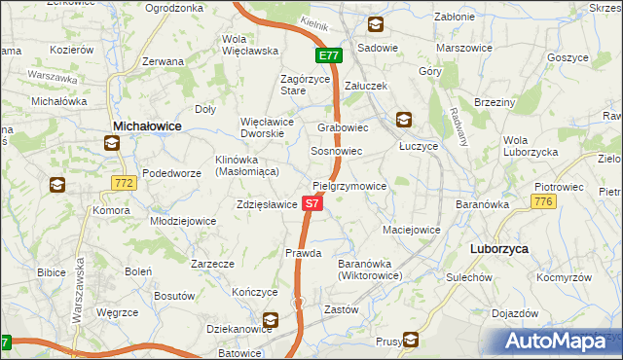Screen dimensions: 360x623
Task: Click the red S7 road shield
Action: [311, 204]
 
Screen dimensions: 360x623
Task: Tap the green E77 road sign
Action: [327, 55]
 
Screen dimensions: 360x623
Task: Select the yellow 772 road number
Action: [124, 182]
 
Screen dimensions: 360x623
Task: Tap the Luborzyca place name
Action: [498, 249]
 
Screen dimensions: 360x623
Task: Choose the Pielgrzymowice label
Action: [349, 186]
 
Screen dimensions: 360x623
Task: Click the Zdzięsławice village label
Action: [266, 205]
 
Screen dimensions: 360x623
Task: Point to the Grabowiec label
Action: [343, 127]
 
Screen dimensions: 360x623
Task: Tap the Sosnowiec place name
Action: [336, 152]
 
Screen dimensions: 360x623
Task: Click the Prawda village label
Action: [303, 253]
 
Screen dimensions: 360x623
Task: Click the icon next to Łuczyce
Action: [403, 121]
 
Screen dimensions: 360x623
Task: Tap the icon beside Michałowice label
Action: [112, 144]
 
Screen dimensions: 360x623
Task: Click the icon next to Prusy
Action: [411, 340]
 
